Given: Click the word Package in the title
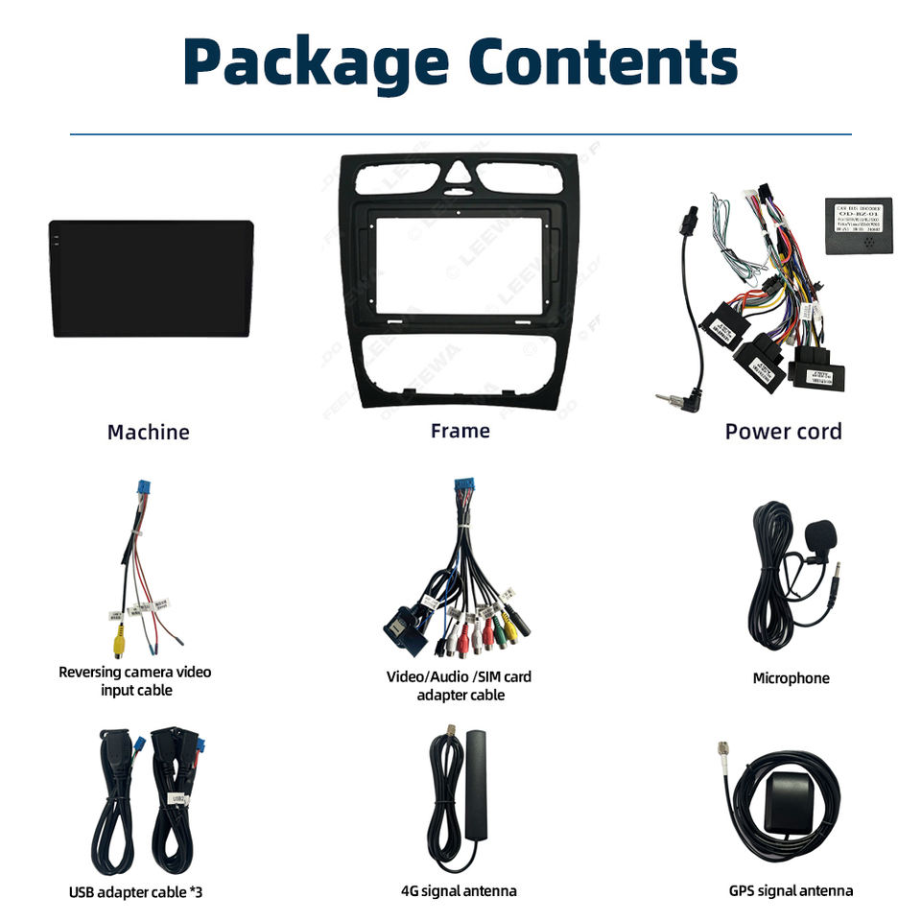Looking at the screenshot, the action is tap(309, 63).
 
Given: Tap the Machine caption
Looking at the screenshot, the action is tap(148, 433).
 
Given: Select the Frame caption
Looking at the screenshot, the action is tap(460, 431).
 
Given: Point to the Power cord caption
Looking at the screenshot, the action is tap(783, 432).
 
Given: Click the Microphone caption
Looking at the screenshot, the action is tap(791, 678).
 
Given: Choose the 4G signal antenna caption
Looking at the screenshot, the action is tap(459, 891).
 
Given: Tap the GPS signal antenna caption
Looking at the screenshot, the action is tap(791, 891).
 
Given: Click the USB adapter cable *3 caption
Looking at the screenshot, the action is tap(135, 892).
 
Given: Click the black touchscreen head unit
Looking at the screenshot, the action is tap(152, 278).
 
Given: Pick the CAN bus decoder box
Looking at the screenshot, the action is tap(858, 226).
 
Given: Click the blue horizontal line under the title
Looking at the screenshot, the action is tap(460, 135).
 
